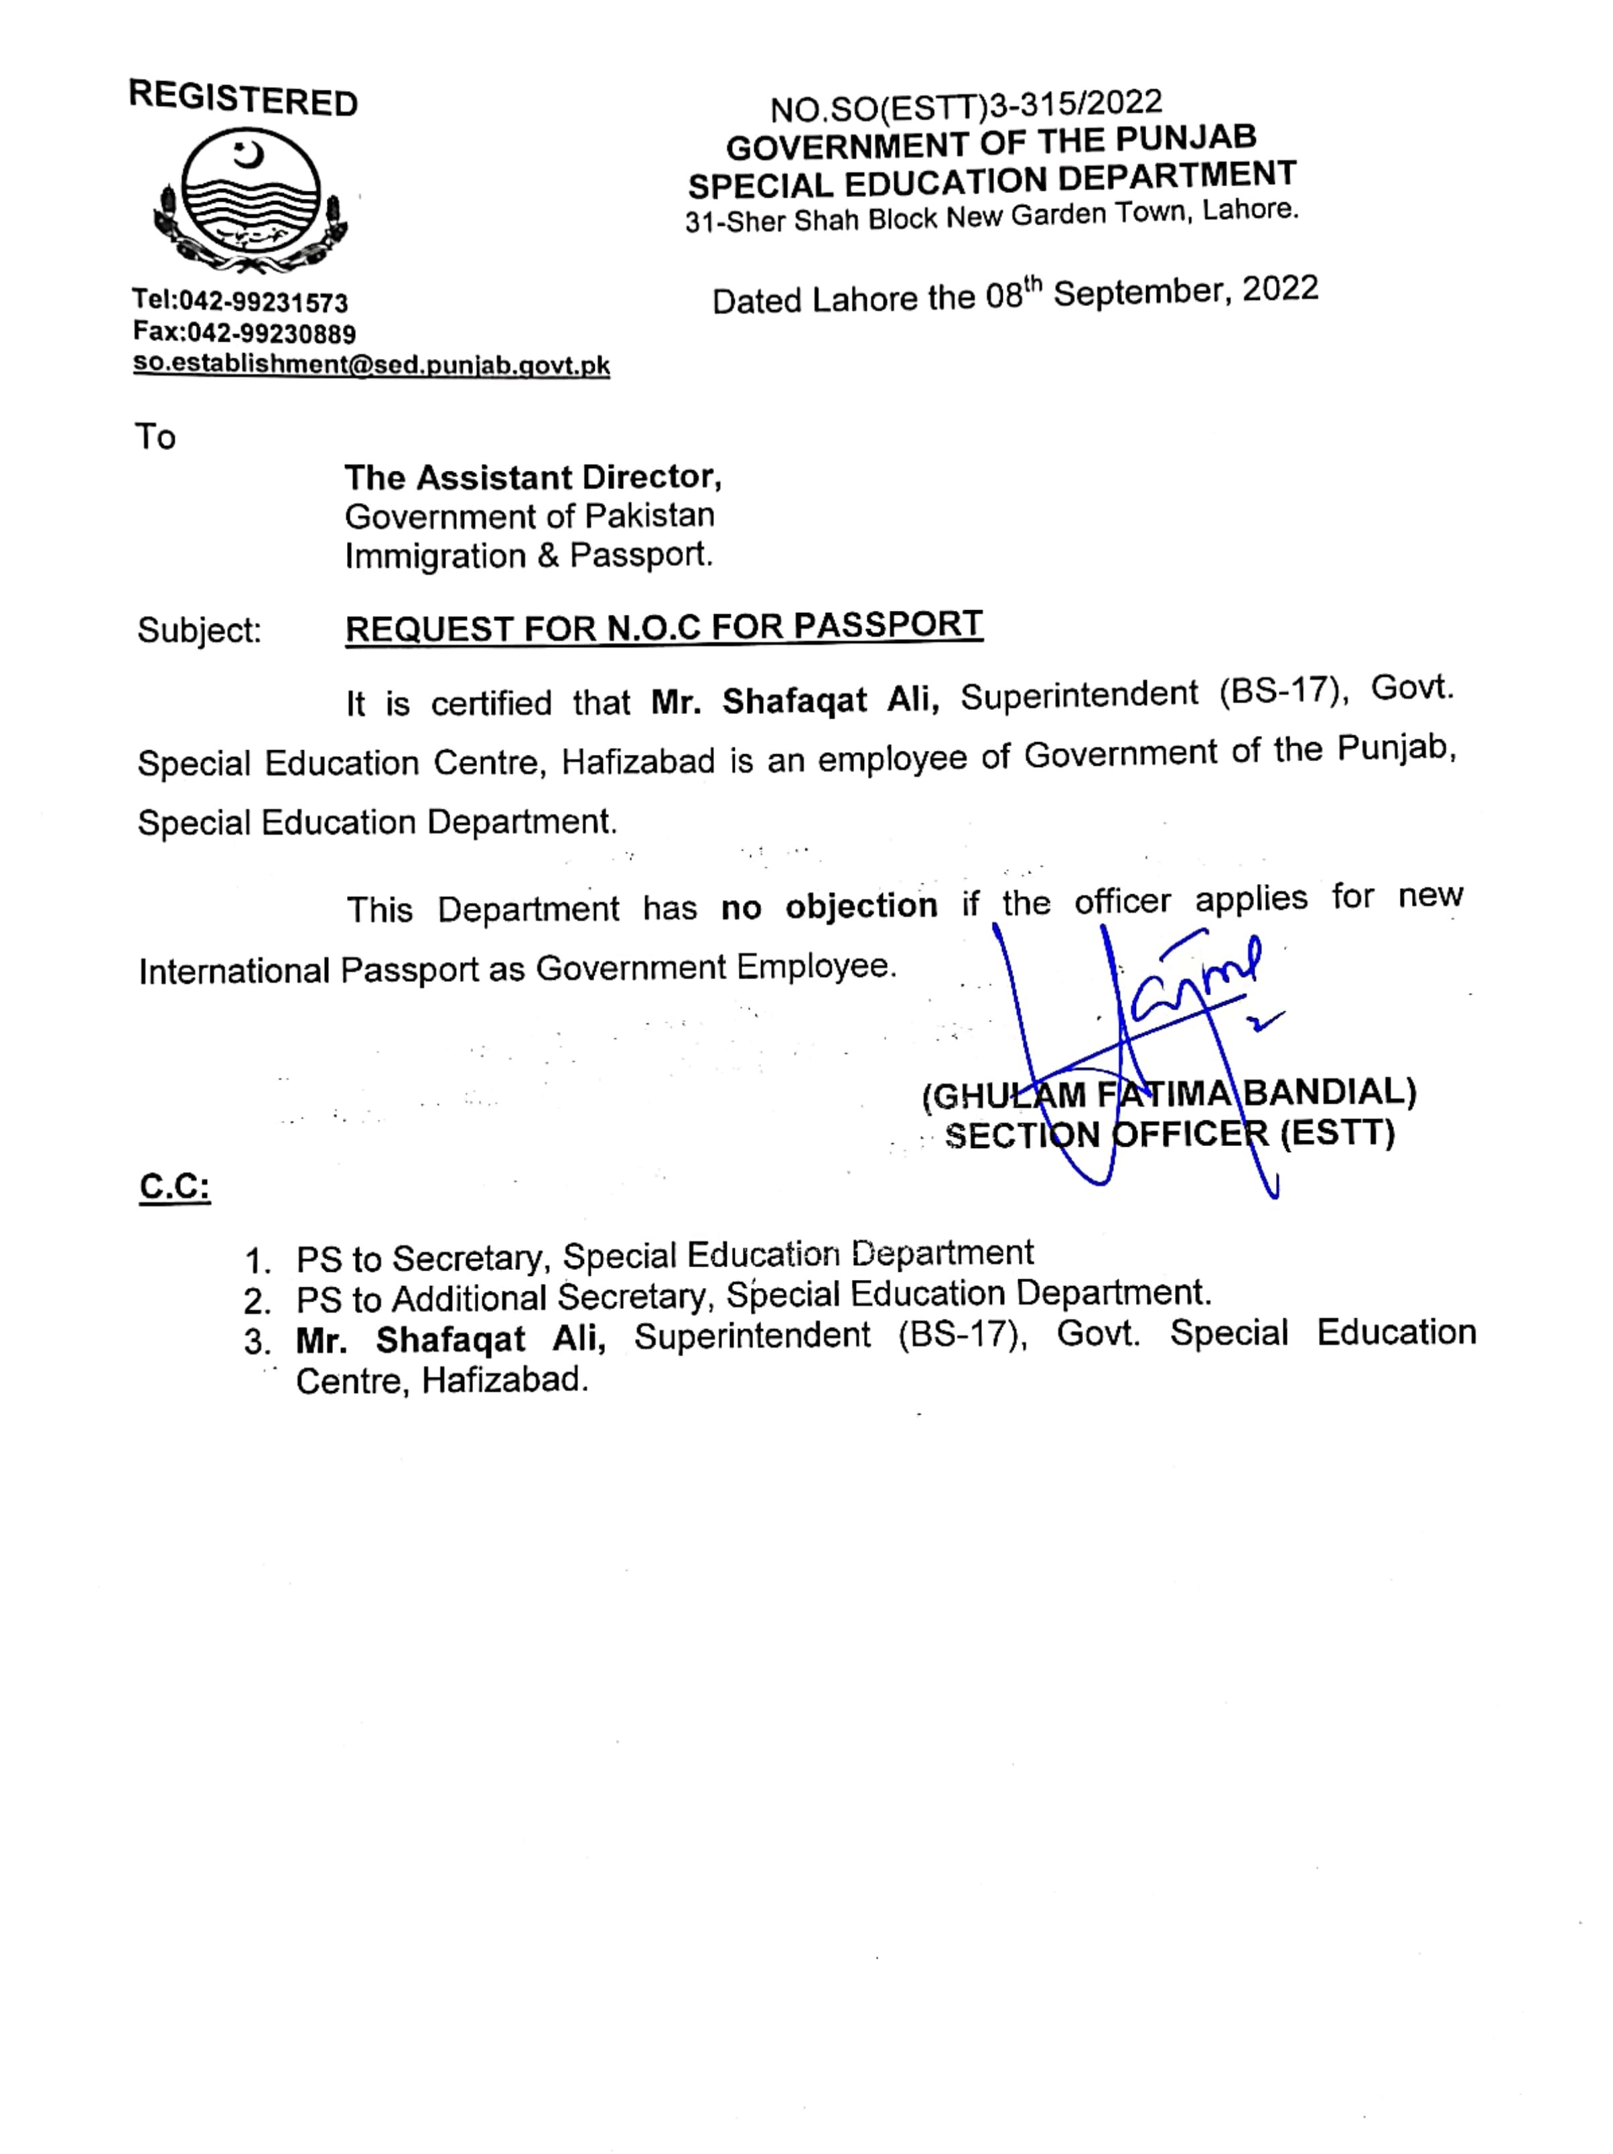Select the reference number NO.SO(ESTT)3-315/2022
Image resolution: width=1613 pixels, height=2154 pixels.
(x=965, y=105)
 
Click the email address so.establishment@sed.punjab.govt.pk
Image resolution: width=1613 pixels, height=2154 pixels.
(x=371, y=365)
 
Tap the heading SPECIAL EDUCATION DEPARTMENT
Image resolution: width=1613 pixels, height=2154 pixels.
(x=991, y=180)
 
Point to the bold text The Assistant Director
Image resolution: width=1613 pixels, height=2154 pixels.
(x=532, y=477)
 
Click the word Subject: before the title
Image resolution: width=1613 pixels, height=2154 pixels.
(x=200, y=631)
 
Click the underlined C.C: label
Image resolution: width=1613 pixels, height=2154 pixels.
(x=176, y=1186)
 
